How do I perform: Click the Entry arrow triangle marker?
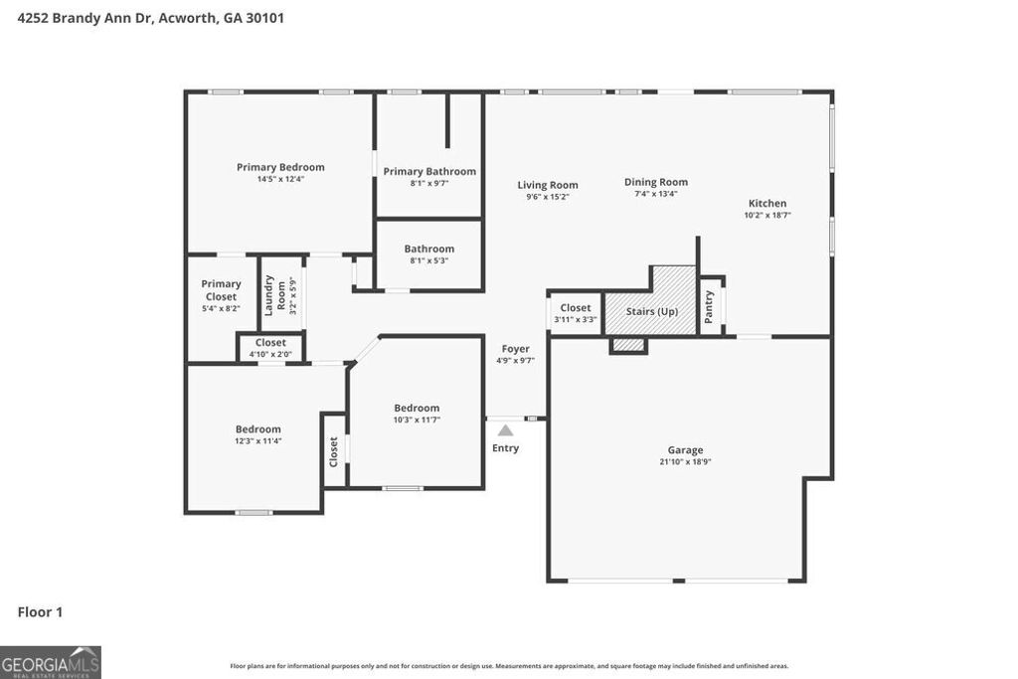click(x=505, y=430)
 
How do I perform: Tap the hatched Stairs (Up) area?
click(x=651, y=311)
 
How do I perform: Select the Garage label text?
click(x=685, y=450)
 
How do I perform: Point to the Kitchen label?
click(x=767, y=204)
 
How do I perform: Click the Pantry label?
click(x=709, y=306)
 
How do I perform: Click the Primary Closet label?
click(x=221, y=290)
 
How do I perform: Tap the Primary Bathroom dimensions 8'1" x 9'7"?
click(x=429, y=184)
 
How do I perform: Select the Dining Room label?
click(x=656, y=182)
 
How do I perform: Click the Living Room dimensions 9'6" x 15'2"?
click(x=548, y=197)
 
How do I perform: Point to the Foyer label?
click(x=515, y=349)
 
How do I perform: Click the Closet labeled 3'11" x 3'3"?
click(x=576, y=308)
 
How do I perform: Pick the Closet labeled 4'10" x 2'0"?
click(x=270, y=343)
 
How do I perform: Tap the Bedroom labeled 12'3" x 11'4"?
click(x=257, y=429)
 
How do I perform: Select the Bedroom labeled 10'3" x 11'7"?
click(x=417, y=408)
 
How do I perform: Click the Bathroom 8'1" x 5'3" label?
click(x=428, y=249)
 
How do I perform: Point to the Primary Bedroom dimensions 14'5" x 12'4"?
click(x=280, y=180)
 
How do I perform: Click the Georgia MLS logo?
click(x=51, y=662)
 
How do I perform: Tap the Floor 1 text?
click(x=40, y=612)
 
